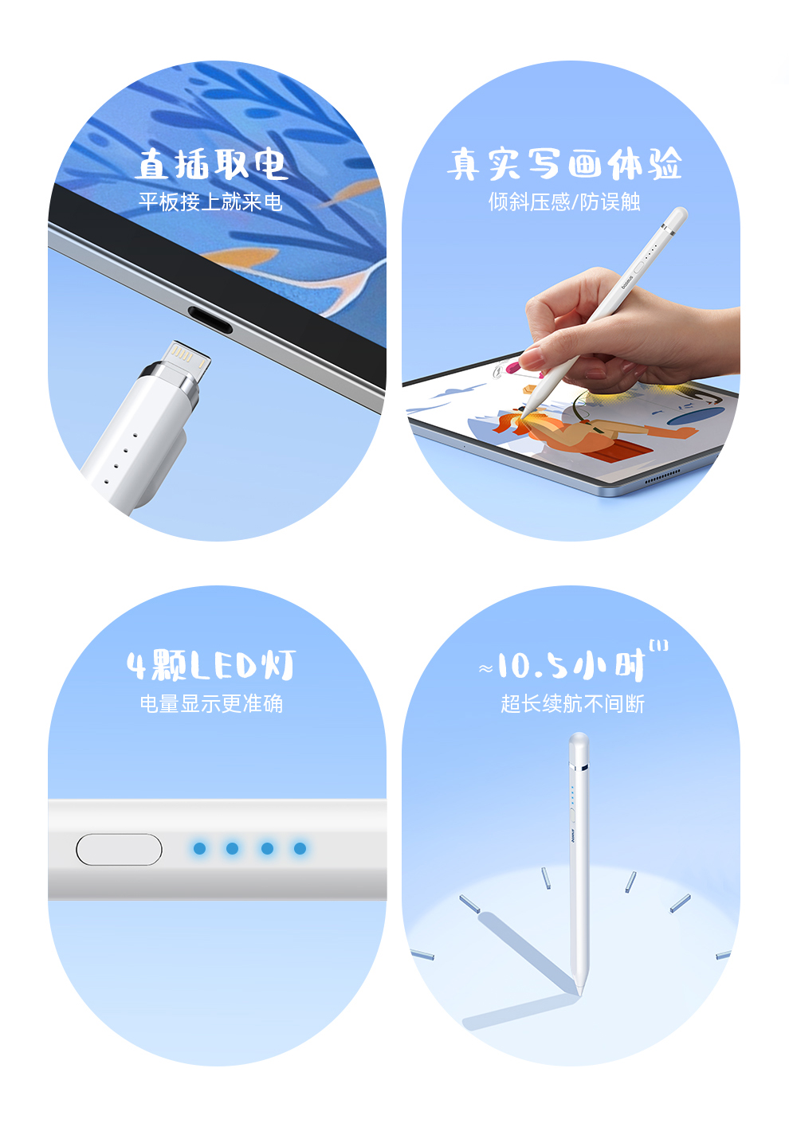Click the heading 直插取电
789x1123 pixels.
coord(211,163)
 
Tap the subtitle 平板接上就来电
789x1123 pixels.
coord(210,202)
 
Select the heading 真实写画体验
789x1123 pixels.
coord(564,163)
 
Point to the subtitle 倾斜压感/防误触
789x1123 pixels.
coord(564,202)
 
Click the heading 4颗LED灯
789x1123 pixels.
coord(211,665)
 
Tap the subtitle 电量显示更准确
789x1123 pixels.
coord(211,703)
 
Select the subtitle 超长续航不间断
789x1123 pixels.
coord(572,703)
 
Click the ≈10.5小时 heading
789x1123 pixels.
coord(562,666)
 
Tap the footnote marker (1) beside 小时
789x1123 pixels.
coord(658,646)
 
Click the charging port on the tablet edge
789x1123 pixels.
coord(210,319)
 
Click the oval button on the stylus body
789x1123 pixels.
coord(119,849)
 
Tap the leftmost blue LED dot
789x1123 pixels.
coord(199,848)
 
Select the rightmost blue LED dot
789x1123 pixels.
coord(300,848)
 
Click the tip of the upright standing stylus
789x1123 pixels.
coord(580,993)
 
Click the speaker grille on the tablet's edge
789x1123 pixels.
coord(662,476)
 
